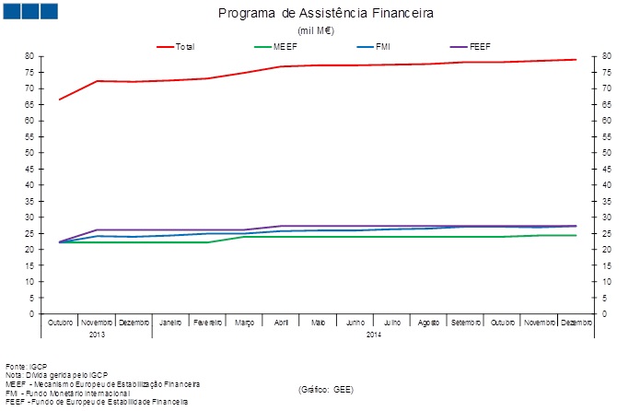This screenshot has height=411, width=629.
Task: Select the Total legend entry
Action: tap(184, 46)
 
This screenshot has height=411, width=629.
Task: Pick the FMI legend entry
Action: tap(382, 46)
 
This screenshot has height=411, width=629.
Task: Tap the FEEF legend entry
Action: tap(479, 46)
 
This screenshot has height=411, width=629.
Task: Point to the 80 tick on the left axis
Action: tap(29, 56)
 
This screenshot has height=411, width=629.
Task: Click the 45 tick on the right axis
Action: tap(605, 169)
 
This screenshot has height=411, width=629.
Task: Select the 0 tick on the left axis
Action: tap(31, 314)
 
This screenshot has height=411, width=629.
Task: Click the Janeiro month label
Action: tap(170, 323)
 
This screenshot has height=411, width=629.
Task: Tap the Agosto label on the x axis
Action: tap(428, 323)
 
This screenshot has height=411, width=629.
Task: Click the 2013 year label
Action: tap(97, 334)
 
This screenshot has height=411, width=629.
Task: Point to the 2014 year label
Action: tap(373, 334)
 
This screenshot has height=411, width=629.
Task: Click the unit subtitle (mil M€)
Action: tap(315, 30)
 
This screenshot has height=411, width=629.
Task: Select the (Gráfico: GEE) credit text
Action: tap(325, 390)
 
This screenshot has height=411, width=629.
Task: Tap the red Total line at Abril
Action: tap(281, 66)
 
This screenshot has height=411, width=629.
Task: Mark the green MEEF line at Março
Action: tap(244, 237)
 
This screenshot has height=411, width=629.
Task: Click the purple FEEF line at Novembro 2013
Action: tap(97, 229)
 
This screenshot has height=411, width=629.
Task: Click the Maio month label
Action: tap(318, 323)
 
